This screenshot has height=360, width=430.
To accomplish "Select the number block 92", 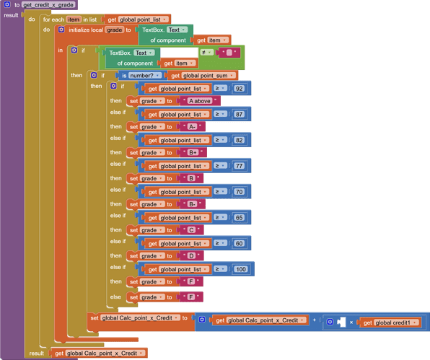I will tap(239, 88).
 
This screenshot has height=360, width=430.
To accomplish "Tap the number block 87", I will tap(239, 114).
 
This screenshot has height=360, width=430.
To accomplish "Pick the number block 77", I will tap(239, 166).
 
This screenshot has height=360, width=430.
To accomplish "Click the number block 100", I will tap(241, 269).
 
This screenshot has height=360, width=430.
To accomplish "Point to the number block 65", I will tap(239, 217).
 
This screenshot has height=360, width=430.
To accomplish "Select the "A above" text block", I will tap(199, 101).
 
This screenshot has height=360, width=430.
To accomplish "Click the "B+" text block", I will tap(193, 152).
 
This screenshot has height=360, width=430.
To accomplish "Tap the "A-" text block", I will tap(193, 126).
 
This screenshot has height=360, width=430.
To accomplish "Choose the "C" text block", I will tap(191, 230).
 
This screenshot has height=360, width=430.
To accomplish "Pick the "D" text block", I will tap(191, 255).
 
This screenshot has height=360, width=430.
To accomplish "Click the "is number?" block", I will tap(140, 75).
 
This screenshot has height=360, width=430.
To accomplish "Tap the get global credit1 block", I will tap(390, 322).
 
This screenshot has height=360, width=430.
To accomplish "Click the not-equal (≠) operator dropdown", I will tap(206, 53).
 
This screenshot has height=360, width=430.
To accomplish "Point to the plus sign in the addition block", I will tap(315, 320).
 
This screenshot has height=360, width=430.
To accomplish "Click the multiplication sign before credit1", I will tap(351, 322).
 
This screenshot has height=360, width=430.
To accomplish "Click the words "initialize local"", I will tap(86, 30).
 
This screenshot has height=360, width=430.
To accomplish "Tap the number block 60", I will tap(239, 243).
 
